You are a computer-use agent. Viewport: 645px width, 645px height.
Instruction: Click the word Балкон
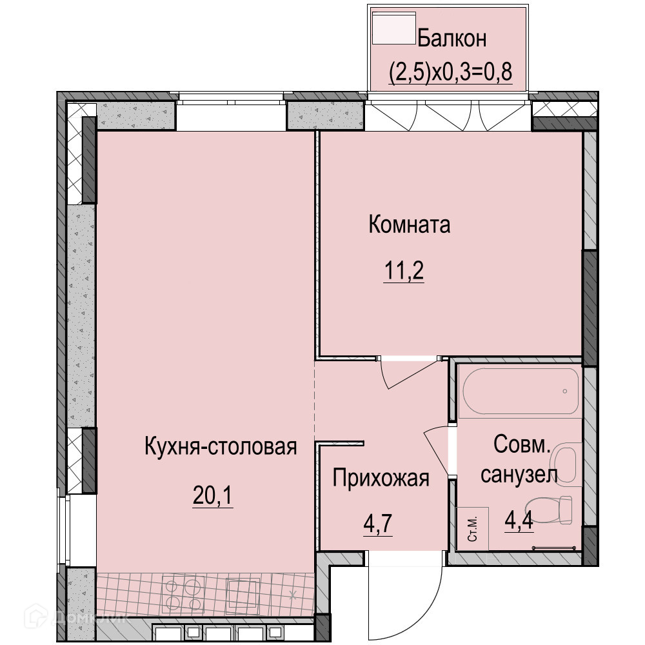[x=452, y=39]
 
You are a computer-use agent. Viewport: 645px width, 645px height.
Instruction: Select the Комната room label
[x=410, y=224]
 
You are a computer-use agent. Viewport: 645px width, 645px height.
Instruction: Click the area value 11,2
[x=404, y=271]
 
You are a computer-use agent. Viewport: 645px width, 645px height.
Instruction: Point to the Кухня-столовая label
[x=221, y=446]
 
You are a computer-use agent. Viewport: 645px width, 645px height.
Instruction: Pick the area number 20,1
[x=213, y=496]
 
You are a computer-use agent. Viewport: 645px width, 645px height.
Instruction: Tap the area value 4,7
[x=378, y=524]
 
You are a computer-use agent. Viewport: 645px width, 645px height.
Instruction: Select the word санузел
[x=519, y=475]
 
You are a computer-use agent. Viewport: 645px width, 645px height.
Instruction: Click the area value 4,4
[x=519, y=521]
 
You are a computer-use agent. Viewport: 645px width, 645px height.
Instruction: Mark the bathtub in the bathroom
[x=521, y=391]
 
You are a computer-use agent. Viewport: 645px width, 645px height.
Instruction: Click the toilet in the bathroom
[x=549, y=510]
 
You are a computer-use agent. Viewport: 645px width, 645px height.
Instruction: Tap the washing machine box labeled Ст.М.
[x=473, y=529]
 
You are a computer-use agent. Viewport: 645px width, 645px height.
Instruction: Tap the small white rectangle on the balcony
[x=393, y=28]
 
